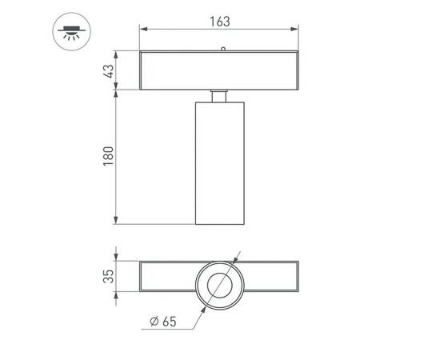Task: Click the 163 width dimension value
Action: [x=221, y=22]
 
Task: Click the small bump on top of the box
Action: [x=223, y=49]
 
